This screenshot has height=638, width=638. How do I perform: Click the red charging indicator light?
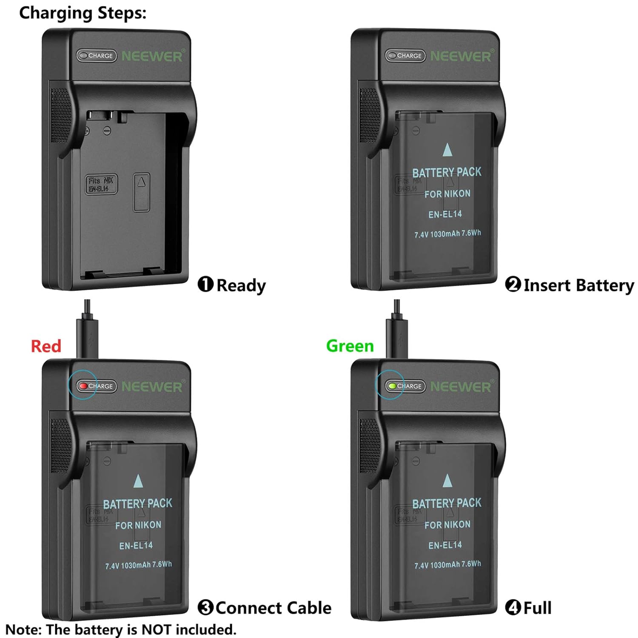click(x=83, y=386)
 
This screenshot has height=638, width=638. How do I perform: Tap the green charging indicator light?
click(x=392, y=386)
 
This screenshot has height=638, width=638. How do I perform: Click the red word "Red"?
click(x=46, y=346)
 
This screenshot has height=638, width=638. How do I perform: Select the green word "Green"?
click(x=350, y=346)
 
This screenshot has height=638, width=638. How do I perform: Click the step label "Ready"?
click(x=241, y=285)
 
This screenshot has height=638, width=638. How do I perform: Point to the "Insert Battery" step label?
click(x=578, y=285)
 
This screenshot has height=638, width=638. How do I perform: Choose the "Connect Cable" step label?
click(x=273, y=608)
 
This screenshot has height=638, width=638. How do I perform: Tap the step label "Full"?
click(x=537, y=608)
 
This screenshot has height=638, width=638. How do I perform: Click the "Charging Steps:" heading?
click(x=83, y=13)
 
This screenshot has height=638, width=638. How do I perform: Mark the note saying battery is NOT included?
click(x=121, y=629)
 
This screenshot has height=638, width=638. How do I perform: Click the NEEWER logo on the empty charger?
click(x=152, y=56)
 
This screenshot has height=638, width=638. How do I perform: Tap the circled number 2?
click(x=513, y=284)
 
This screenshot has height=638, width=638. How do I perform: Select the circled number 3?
click(x=205, y=607)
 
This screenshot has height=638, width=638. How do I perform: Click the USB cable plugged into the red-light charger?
click(x=87, y=330)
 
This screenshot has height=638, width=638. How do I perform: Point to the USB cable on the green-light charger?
click(x=397, y=330)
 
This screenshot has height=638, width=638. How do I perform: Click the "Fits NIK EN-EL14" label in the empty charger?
click(x=101, y=184)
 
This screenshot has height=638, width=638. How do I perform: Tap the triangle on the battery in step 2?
click(x=447, y=150)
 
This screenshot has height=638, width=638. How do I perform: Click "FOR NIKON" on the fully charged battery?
click(x=447, y=525)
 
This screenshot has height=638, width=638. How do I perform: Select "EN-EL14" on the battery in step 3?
click(x=136, y=546)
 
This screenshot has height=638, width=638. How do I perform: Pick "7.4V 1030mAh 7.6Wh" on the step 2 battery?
click(x=447, y=234)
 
